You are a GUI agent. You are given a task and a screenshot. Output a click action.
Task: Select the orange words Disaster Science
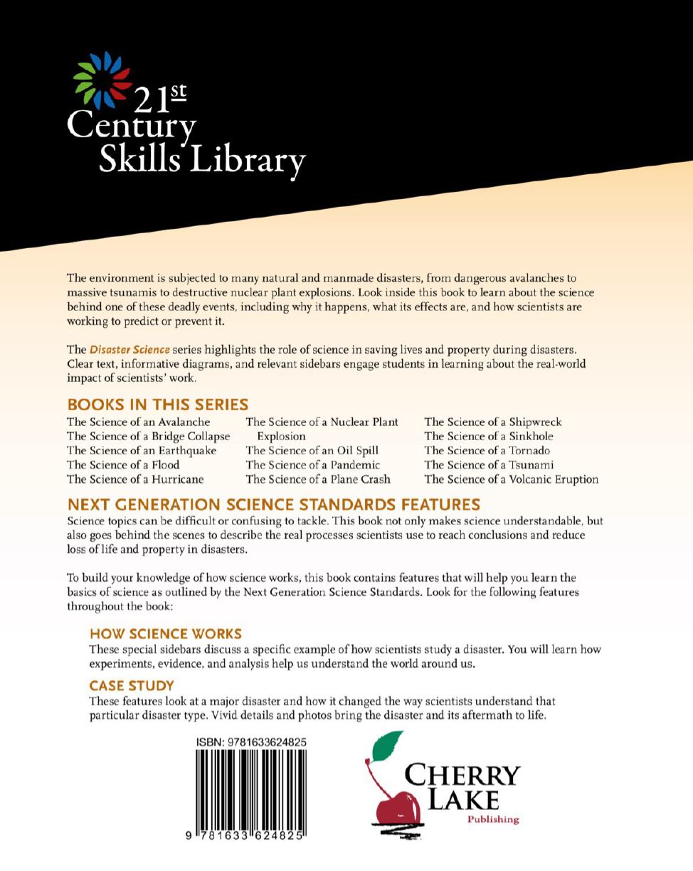pyautogui.click(x=129, y=350)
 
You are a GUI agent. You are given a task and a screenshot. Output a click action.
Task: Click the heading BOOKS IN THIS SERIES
pyautogui.click(x=157, y=405)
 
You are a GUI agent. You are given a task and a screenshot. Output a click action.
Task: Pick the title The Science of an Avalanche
pyautogui.click(x=139, y=422)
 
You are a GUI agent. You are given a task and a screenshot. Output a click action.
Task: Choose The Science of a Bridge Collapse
pyautogui.click(x=149, y=437)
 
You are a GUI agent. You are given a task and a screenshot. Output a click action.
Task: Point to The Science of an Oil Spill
pyautogui.click(x=312, y=451)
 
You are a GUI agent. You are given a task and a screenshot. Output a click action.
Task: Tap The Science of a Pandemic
pyautogui.click(x=313, y=465)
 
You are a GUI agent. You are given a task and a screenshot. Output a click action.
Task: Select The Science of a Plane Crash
pyautogui.click(x=318, y=479)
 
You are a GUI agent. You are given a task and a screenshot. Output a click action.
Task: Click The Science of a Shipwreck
pyautogui.click(x=493, y=422)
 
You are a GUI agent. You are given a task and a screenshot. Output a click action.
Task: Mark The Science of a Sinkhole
pyautogui.click(x=489, y=437)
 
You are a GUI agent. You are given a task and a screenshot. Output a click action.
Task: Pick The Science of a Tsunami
pyautogui.click(x=489, y=465)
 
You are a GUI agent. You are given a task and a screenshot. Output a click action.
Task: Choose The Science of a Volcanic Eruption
pyautogui.click(x=512, y=479)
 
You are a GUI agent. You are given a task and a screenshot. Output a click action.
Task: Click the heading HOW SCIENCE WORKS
pyautogui.click(x=166, y=634)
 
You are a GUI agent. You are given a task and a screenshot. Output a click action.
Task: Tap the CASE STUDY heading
pyautogui.click(x=132, y=685)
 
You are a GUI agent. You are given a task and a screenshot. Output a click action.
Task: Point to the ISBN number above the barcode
pyautogui.click(x=252, y=742)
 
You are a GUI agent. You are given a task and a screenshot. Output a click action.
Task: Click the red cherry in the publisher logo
pyautogui.click(x=397, y=807)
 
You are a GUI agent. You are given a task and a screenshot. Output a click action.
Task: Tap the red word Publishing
pyautogui.click(x=493, y=820)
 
